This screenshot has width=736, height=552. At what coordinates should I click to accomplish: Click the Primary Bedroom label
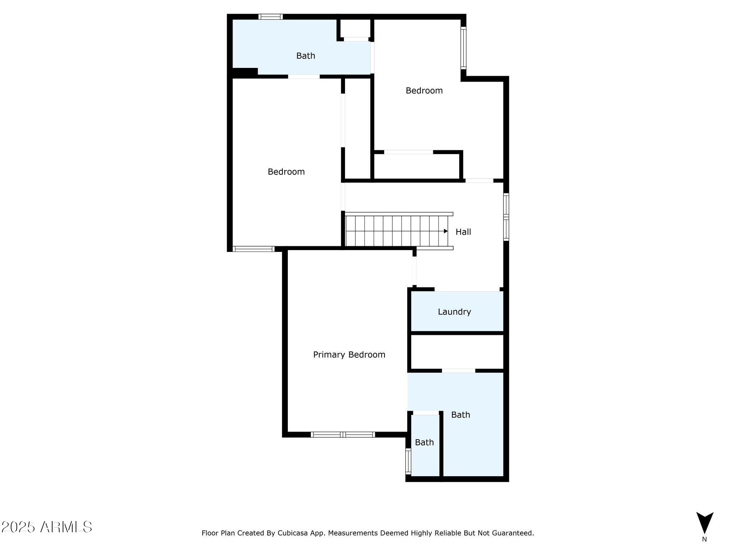coord(349,355)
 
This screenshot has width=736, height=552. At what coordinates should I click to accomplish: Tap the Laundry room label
coord(454,312)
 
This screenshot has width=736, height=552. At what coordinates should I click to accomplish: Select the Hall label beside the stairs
coord(463,232)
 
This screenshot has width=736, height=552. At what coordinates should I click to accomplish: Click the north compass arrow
coord(704,523)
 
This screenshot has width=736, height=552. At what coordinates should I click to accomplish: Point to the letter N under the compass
coord(704,539)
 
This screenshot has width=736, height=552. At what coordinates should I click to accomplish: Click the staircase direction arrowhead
coord(446,231)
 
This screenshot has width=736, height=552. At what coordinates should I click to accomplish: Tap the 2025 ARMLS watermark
coord(47,527)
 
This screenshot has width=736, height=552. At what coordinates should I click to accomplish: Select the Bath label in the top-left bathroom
coord(305,56)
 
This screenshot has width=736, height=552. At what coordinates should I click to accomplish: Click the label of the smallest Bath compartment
coord(424,442)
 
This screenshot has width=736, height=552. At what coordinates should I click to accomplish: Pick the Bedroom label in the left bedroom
coord(286,172)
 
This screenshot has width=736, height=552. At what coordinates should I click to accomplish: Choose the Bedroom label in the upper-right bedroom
coord(424,91)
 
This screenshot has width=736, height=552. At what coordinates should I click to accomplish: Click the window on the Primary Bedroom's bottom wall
coord(343,434)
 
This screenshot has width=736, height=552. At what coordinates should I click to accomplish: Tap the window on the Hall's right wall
coord(506,217)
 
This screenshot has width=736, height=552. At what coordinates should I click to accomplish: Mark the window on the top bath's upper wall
coord(270,17)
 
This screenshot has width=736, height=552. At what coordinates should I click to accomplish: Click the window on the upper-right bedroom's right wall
coord(464,48)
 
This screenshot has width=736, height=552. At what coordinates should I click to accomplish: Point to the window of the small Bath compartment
coord(408,461)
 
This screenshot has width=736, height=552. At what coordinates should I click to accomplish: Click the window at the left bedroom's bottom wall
coord(254,249)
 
